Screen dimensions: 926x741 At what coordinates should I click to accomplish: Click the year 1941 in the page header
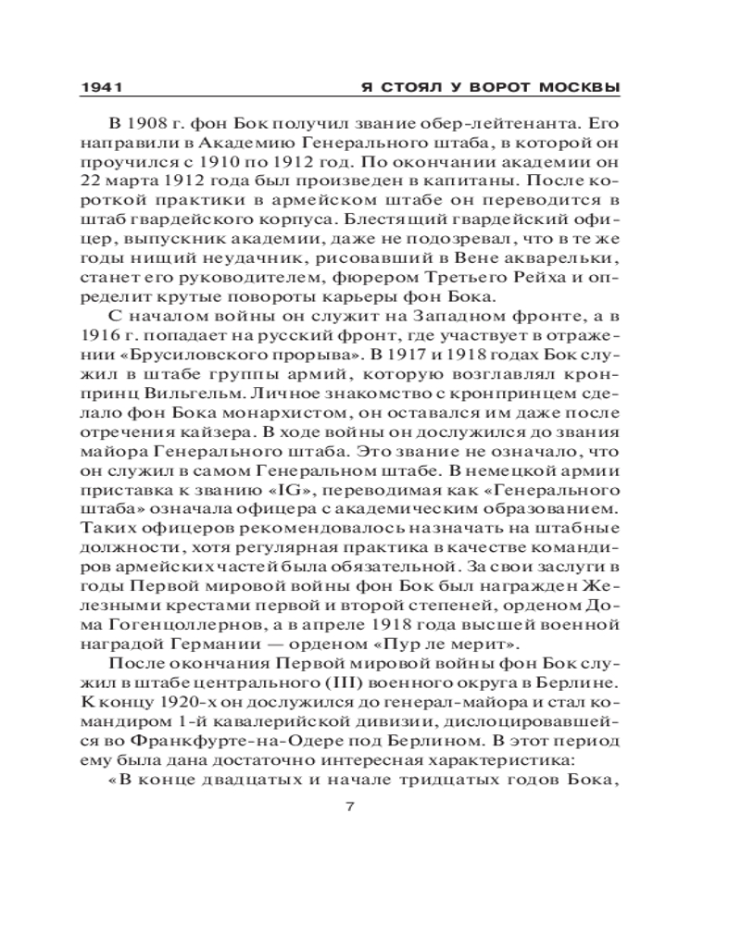(x=103, y=88)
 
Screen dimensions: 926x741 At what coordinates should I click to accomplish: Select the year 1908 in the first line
(x=148, y=123)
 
